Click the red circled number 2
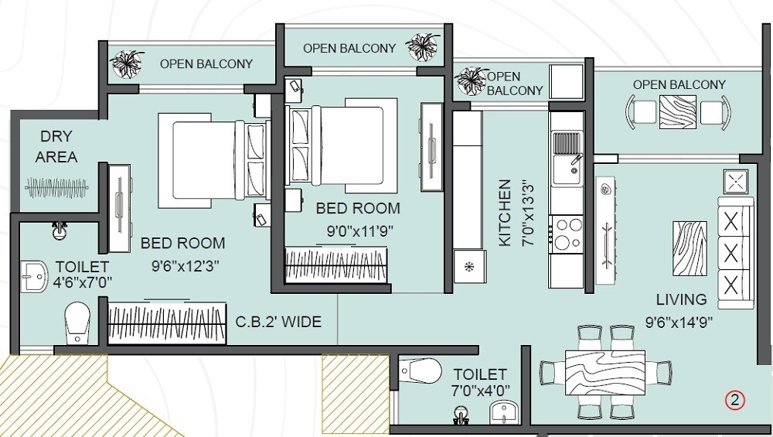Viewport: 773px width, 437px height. point(734,400)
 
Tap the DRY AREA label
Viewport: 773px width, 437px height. point(56,147)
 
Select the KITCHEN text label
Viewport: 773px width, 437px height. point(505,213)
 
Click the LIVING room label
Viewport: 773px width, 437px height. point(681,299)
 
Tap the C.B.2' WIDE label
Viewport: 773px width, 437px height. point(278,322)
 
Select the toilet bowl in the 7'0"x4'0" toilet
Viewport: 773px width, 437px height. point(421,370)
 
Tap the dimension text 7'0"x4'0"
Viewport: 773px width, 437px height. point(480,391)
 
